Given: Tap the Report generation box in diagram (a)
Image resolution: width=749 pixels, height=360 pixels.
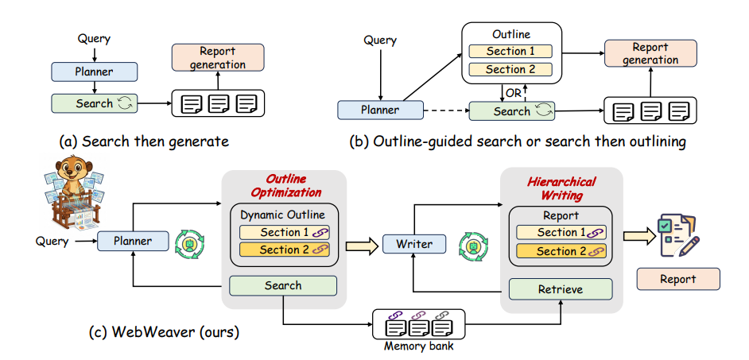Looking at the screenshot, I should pyautogui.click(x=217, y=57).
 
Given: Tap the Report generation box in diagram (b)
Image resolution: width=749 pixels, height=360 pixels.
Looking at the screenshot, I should pyautogui.click(x=650, y=53).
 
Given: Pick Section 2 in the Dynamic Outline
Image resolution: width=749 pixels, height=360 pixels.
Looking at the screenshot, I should pyautogui.click(x=284, y=250).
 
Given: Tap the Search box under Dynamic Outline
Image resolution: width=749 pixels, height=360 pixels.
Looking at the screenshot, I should pyautogui.click(x=283, y=285).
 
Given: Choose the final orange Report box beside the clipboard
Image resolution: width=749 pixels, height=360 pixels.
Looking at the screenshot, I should pyautogui.click(x=677, y=279).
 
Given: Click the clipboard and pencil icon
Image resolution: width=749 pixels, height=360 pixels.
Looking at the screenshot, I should pyautogui.click(x=677, y=234).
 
